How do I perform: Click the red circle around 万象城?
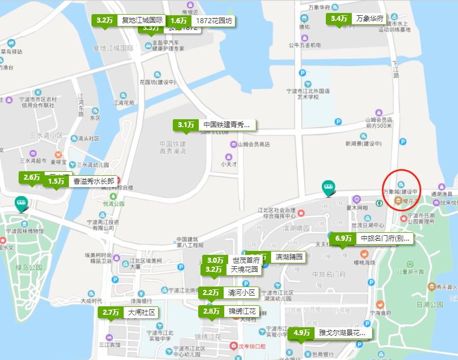tap(405, 190)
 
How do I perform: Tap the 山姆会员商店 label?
tap(254, 145)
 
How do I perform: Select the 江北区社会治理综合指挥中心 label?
tap(277, 213)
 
